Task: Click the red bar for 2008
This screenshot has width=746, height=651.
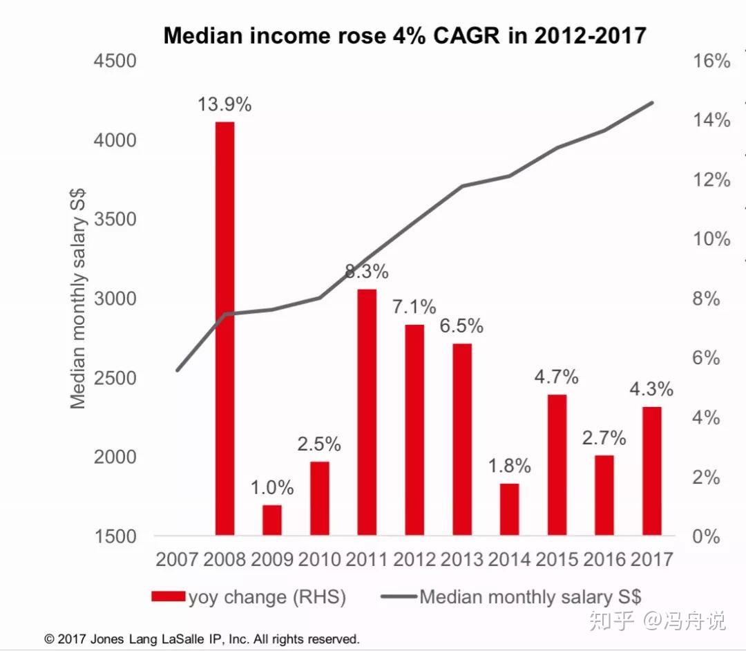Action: [224, 328]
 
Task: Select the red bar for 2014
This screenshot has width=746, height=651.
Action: [509, 509]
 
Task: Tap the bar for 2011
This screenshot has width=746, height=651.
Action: [367, 412]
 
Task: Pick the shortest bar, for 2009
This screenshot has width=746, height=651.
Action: [272, 520]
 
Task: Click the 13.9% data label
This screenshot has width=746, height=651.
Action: [224, 105]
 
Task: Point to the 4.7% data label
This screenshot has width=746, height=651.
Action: [556, 377]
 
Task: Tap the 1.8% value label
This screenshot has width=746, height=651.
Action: [509, 466]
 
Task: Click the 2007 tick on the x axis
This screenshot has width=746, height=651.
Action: [178, 558]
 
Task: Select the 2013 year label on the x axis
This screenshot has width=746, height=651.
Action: [462, 558]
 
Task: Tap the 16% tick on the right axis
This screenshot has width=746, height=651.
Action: [711, 61]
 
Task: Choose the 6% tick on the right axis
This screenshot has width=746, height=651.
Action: [706, 358]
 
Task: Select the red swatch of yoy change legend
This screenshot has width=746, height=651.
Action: [167, 597]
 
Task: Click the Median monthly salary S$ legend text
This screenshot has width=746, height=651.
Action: [530, 597]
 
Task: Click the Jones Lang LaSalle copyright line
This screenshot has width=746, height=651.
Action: [202, 639]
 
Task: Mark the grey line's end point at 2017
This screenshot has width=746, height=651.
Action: [652, 103]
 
